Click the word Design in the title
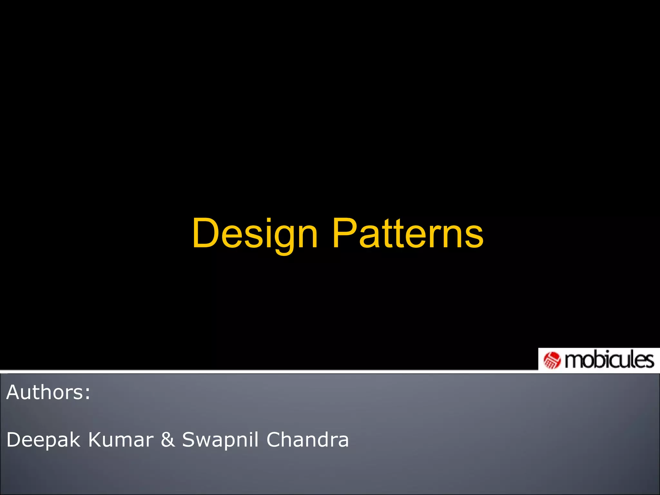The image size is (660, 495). [x=255, y=233]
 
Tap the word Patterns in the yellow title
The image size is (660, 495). [x=408, y=233]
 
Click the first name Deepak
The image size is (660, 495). [x=43, y=440]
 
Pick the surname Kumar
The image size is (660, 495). [x=121, y=440]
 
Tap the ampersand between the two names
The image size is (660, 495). [x=168, y=440]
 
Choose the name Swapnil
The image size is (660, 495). [x=220, y=440]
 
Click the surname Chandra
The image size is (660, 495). [x=307, y=440]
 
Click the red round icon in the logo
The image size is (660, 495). [x=552, y=360]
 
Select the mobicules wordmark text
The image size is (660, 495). [x=609, y=360]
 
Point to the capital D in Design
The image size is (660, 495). [x=205, y=233]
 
